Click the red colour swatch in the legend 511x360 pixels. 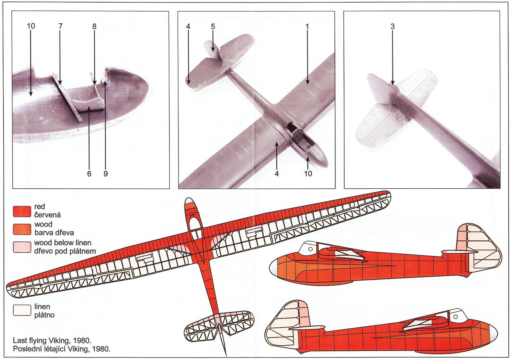22,211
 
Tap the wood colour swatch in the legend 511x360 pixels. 22,229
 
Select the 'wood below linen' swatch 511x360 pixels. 22,247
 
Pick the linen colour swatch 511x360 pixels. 22,310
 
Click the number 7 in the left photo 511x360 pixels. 60,26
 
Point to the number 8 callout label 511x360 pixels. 94,26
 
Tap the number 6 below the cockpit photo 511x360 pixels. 89,174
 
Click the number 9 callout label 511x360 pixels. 106,174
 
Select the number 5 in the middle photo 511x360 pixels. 213,26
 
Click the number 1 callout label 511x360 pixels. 307,26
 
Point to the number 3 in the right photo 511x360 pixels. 392,26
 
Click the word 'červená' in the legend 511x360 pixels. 48,215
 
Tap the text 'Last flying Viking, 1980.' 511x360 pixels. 52,341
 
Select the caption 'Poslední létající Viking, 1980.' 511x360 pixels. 62,349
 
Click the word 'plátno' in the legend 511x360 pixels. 45,315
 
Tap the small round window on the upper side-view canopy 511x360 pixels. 310,249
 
